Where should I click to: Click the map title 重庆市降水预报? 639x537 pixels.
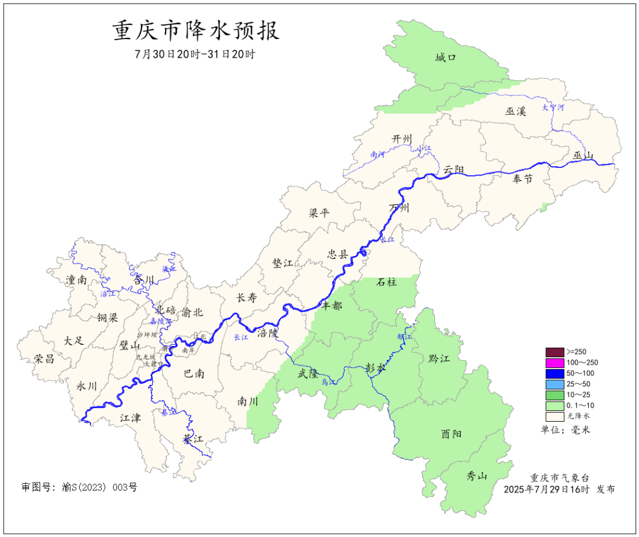pyautogui.click(x=196, y=31)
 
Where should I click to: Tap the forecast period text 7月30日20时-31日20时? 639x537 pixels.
pyautogui.click(x=195, y=54)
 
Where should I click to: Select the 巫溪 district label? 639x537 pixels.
pyautogui.click(x=515, y=111)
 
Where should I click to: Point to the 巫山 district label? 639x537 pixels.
pyautogui.click(x=582, y=156)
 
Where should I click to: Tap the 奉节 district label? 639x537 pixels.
pyautogui.click(x=522, y=179)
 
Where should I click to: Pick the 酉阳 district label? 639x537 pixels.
pyautogui.click(x=451, y=434)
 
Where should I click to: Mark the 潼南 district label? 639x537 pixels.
pyautogui.click(x=76, y=280)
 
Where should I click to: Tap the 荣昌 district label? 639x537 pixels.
pyautogui.click(x=44, y=359)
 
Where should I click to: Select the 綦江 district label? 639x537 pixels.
pyautogui.click(x=193, y=439)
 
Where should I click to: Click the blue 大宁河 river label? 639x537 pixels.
pyautogui.click(x=553, y=108)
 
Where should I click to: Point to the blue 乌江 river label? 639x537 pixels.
pyautogui.click(x=328, y=383)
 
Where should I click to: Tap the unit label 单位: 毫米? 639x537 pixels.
pyautogui.click(x=565, y=430)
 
